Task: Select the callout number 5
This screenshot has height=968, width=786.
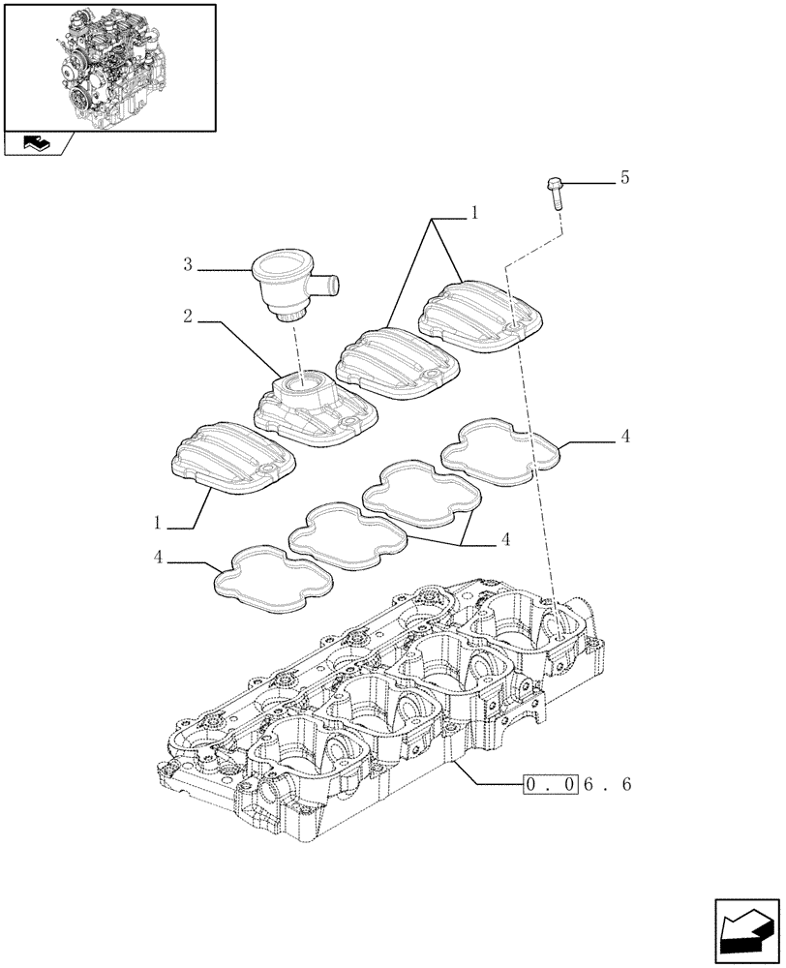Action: tap(624, 177)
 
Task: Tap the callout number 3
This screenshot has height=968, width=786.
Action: tap(188, 263)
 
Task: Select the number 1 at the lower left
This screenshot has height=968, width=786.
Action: tap(157, 523)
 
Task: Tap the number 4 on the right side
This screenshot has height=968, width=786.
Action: tap(625, 438)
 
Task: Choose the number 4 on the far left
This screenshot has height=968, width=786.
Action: tap(157, 557)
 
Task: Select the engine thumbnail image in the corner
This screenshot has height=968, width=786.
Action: tap(110, 67)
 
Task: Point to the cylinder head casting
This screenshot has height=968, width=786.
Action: tap(387, 707)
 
